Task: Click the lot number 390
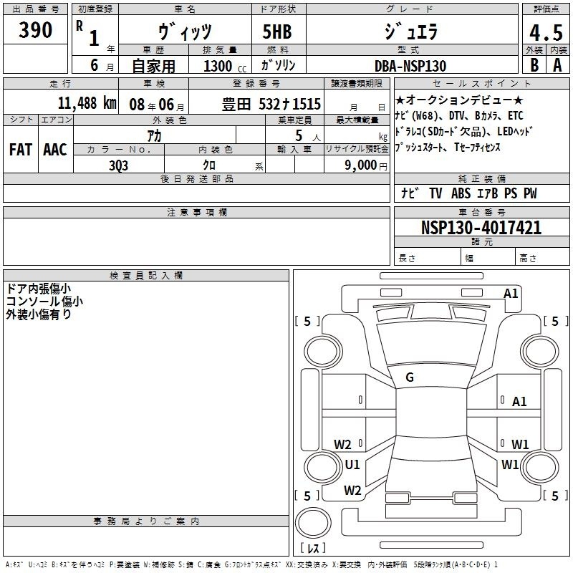(x=35, y=30)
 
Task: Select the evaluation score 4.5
(x=546, y=33)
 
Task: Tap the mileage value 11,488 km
(x=87, y=103)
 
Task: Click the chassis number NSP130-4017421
(x=481, y=227)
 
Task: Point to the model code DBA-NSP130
(x=410, y=66)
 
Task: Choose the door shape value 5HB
(x=277, y=32)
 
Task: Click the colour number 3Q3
(x=118, y=165)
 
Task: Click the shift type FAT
(x=21, y=150)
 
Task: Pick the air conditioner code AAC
(x=55, y=150)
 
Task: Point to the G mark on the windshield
(x=410, y=377)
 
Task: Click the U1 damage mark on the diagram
(x=352, y=464)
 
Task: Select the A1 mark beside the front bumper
(x=511, y=294)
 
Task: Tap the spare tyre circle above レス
(x=313, y=523)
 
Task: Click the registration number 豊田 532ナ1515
(x=271, y=104)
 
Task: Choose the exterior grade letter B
(x=534, y=65)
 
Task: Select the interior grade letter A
(x=557, y=65)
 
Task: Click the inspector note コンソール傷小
(x=44, y=302)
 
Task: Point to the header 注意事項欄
(x=197, y=212)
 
